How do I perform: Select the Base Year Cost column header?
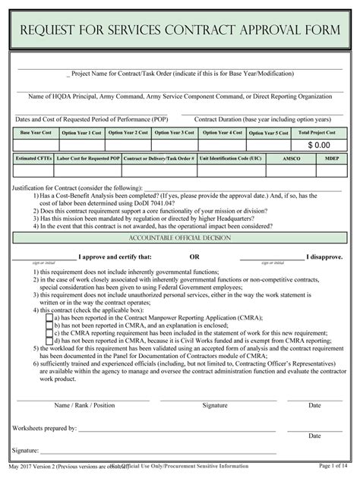point(36,132)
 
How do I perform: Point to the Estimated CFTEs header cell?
point(35,158)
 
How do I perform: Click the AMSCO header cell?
point(292,158)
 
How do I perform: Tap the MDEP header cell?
point(332,158)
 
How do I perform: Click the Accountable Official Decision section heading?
point(180,237)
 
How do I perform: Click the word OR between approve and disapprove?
point(194,256)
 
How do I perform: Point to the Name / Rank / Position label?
point(84,405)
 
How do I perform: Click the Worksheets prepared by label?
point(44,428)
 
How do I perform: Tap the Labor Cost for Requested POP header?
point(90,158)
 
